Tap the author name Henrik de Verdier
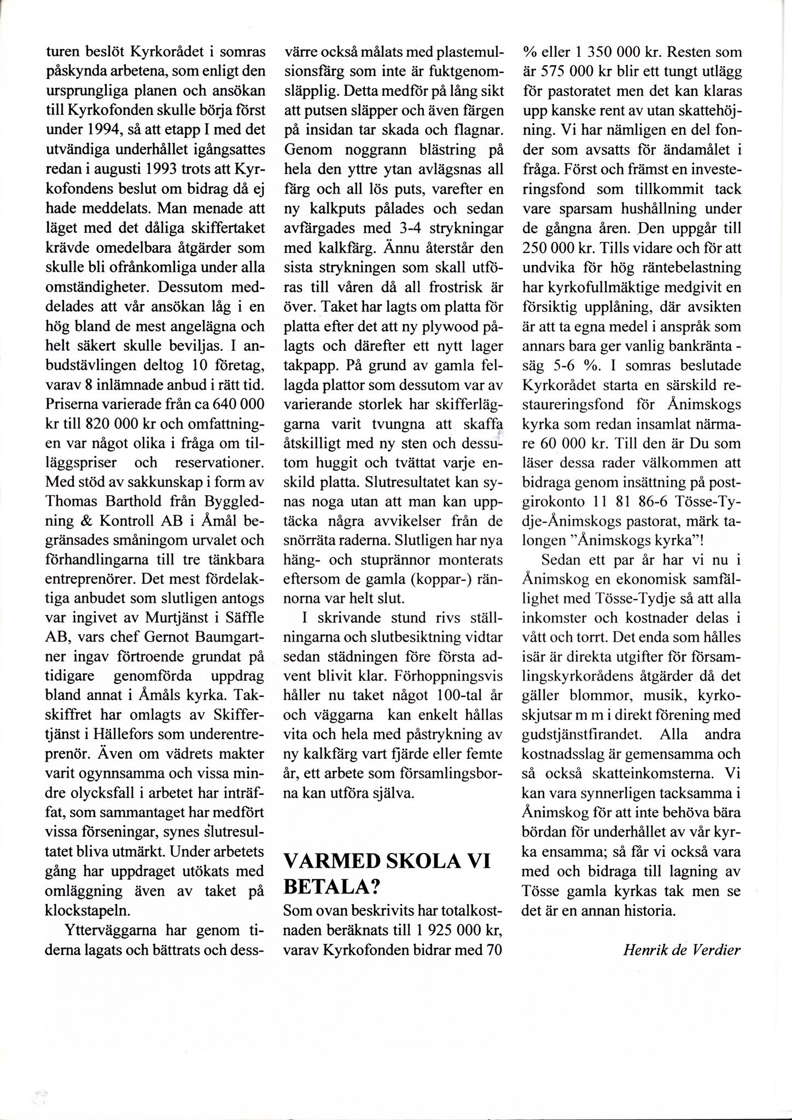click(x=682, y=949)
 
